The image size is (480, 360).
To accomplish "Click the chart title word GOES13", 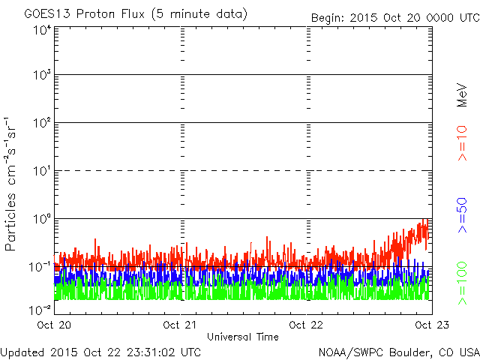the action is (x=47, y=13).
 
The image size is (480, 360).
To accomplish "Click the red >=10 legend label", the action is (x=462, y=143).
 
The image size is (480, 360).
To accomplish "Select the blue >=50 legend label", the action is (x=462, y=215).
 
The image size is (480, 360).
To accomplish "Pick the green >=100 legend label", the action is (x=462, y=283).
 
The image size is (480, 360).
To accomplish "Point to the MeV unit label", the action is (x=462, y=95).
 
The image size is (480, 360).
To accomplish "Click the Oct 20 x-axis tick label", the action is (x=54, y=325).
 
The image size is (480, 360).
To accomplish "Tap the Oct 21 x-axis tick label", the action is (x=180, y=325).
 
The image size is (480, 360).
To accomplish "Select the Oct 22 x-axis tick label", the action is (x=306, y=325).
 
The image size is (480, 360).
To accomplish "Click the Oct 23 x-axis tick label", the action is (x=432, y=325).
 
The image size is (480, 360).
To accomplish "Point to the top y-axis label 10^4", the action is (x=42, y=30).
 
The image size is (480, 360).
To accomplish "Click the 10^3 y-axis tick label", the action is (x=42, y=74).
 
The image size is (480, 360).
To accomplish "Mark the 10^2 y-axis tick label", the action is (x=42, y=122).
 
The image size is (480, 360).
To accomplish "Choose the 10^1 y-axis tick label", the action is (x=42, y=171).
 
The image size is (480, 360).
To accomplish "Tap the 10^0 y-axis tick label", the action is (x=42, y=219).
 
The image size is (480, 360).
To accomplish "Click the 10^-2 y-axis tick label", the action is (x=40, y=310).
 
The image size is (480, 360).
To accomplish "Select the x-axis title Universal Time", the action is (x=243, y=337).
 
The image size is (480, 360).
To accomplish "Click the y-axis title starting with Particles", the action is (x=10, y=184).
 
